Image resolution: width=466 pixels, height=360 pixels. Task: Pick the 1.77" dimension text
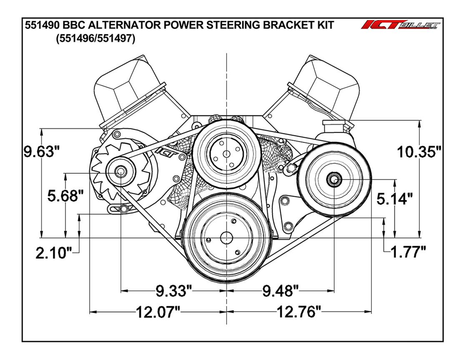click(408, 251)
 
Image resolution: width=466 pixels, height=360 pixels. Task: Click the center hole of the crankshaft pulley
click(226, 238)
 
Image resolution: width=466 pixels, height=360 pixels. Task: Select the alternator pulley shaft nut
click(121, 171)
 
